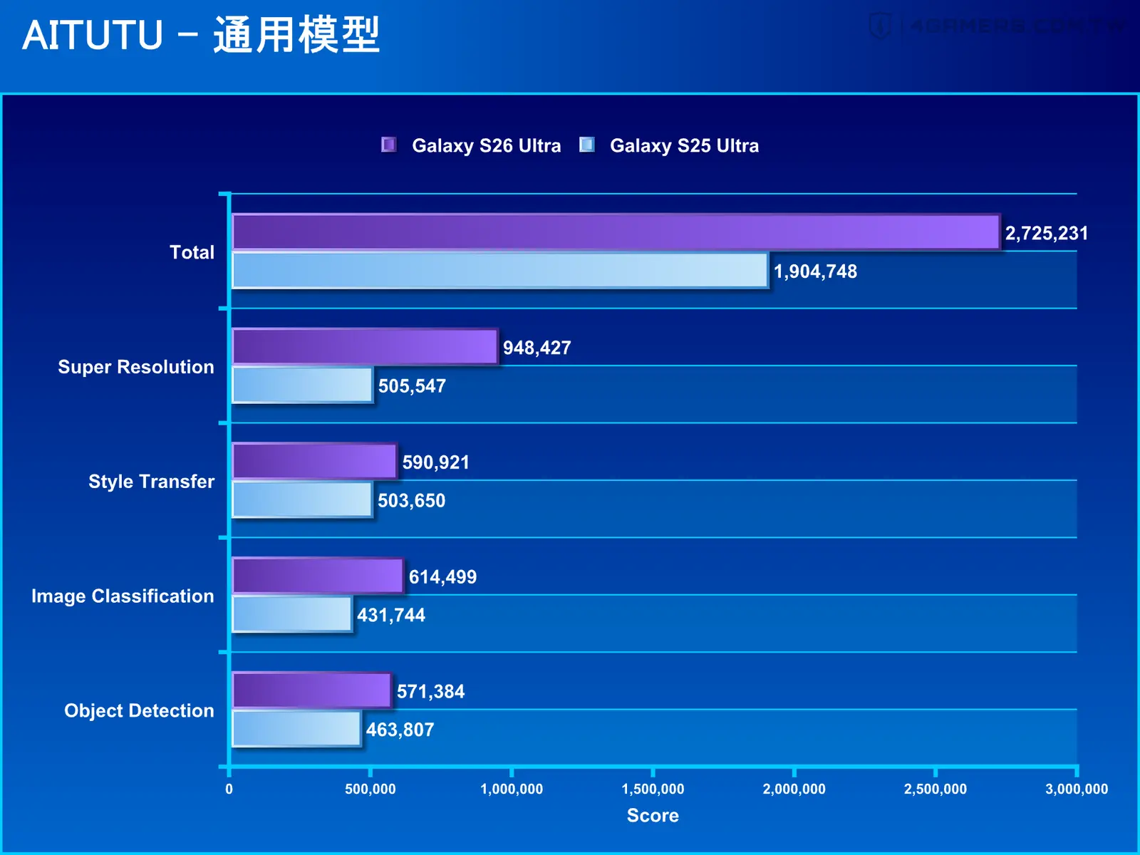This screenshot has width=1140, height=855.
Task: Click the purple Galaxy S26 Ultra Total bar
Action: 616,232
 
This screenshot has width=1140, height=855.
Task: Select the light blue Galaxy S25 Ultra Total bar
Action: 500,270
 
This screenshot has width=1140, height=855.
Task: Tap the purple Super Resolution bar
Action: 365,346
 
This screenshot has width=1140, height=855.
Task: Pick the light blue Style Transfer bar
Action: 302,499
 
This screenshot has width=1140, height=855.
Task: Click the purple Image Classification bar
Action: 318,575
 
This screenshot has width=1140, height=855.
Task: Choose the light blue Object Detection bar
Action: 296,728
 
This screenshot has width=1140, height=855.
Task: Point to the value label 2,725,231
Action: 1047,233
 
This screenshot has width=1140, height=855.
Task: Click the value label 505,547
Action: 412,385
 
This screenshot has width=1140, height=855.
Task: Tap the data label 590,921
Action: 436,462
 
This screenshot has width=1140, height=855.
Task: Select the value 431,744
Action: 391,615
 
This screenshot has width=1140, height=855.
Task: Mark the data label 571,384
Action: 430,691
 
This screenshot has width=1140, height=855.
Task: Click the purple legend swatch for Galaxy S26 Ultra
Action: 388,145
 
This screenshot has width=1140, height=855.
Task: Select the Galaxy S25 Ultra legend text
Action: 684,146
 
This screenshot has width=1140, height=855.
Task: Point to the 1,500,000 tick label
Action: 653,789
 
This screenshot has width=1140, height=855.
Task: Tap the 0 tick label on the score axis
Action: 229,789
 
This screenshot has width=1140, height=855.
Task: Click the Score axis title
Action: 653,815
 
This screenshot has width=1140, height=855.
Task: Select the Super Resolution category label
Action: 136,366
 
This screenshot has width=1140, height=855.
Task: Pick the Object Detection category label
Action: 139,710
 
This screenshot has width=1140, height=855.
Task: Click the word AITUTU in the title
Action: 93,36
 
